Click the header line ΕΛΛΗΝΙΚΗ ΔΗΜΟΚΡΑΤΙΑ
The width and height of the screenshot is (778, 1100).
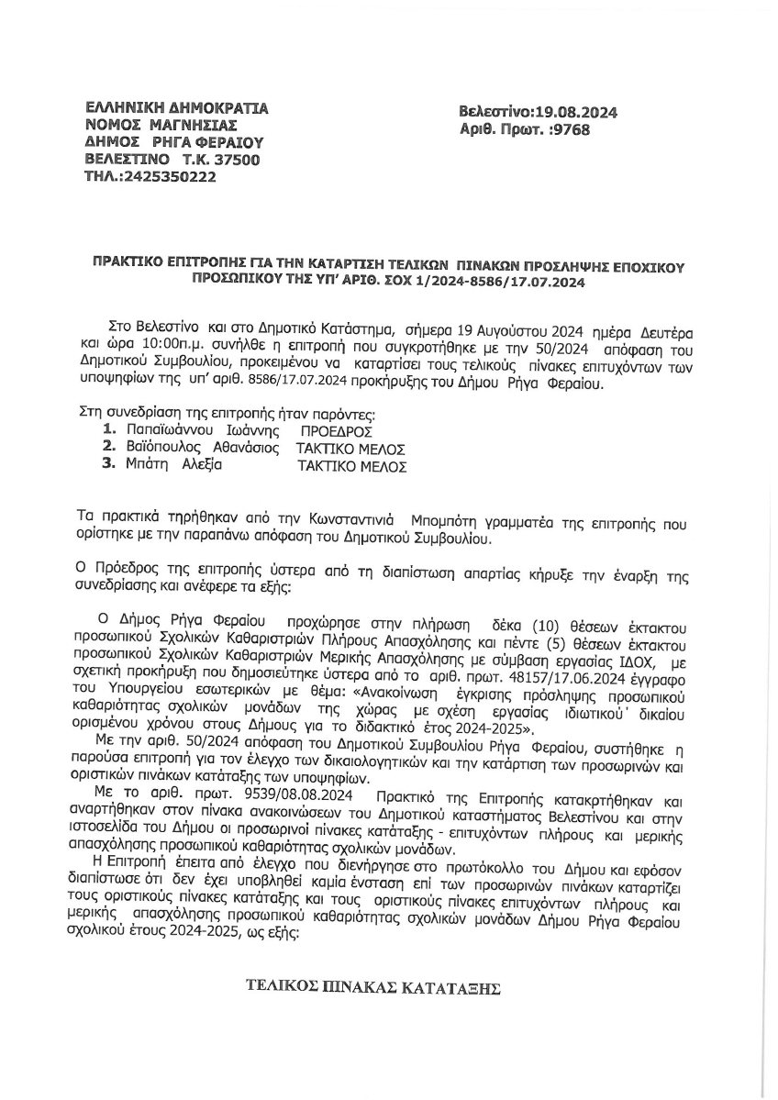click(176, 107)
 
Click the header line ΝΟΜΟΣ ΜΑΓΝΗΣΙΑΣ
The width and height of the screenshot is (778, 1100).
click(161, 125)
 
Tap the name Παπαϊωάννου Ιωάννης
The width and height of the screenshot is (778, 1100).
click(199, 429)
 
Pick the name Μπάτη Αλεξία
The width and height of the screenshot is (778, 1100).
click(174, 465)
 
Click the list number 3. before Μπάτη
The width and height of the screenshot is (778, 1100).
click(110, 465)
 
